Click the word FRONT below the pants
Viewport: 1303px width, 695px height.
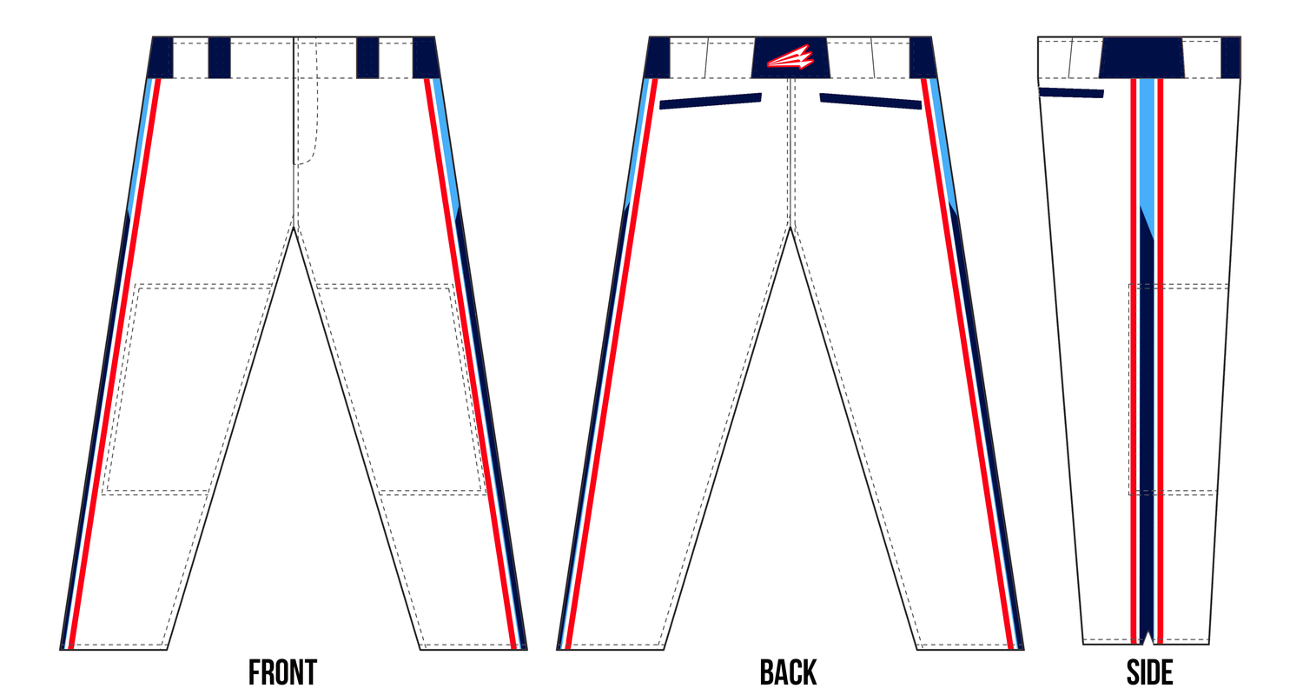click(282, 673)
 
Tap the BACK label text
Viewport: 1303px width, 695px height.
click(788, 673)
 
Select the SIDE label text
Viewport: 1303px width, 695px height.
click(1149, 673)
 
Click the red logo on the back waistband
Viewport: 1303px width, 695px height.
click(790, 57)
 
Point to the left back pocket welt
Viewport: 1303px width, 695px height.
click(711, 101)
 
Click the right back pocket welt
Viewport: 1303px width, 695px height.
click(870, 101)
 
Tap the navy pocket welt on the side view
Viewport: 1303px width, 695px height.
click(1071, 92)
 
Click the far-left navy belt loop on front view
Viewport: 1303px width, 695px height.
click(161, 57)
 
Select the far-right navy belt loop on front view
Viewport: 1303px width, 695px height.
click(426, 57)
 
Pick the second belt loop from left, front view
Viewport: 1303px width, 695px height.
click(219, 57)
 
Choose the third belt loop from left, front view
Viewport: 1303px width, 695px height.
click(367, 57)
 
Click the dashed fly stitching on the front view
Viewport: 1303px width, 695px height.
click(306, 102)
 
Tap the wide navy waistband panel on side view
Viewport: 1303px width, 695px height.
click(1142, 57)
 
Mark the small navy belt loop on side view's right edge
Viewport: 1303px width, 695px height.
click(1230, 57)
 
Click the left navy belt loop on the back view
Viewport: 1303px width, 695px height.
click(658, 57)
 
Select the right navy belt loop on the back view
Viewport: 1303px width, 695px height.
click(923, 57)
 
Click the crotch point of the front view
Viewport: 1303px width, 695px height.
click(294, 228)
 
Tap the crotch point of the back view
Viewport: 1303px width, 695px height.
click(790, 228)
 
